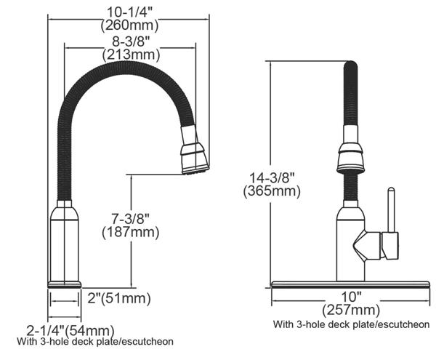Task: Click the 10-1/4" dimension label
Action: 130,12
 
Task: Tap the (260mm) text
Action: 130,25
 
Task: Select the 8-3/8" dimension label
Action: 131,41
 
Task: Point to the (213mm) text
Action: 132,55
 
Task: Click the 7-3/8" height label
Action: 131,219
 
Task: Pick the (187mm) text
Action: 131,232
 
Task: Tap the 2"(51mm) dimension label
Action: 119,298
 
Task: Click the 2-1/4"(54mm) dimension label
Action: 70,330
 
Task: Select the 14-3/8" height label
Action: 271,177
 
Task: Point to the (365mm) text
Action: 272,191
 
